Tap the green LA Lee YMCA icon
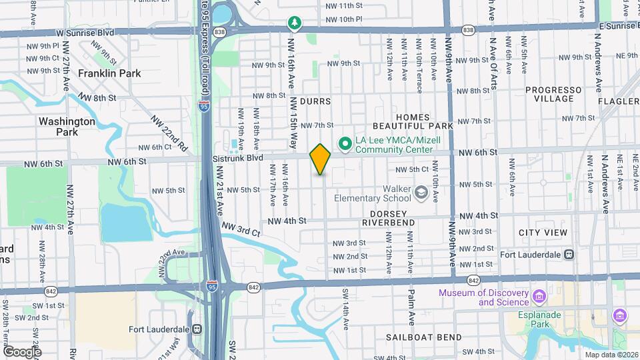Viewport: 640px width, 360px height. [345, 143]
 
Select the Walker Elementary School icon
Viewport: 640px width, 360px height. [421, 193]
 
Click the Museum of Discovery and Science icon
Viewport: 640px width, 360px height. [539, 295]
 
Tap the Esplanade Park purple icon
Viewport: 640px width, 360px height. [620, 315]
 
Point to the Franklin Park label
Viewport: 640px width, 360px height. [109, 73]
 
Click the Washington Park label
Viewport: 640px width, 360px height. [67, 127]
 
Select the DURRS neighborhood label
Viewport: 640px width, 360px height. [315, 101]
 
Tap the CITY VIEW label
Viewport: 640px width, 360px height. [543, 233]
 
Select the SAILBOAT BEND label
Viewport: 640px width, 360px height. [424, 337]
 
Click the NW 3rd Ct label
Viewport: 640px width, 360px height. [240, 230]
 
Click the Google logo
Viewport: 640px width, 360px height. [22, 351]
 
